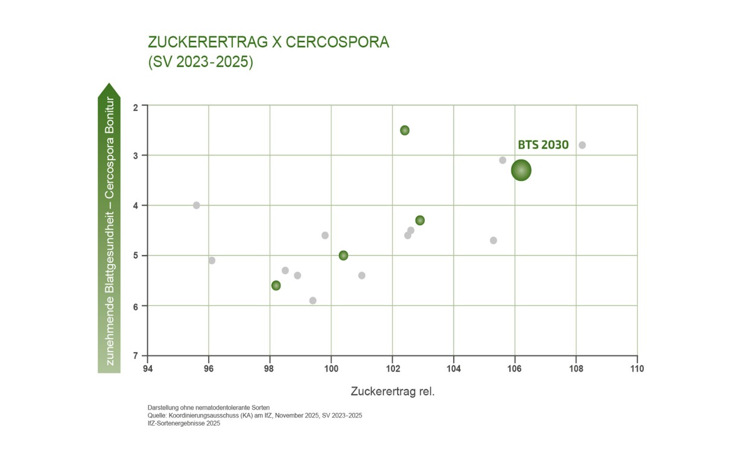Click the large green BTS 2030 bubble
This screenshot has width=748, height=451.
(521, 170)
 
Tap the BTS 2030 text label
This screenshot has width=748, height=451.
(543, 145)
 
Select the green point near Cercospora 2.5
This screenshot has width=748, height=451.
(405, 130)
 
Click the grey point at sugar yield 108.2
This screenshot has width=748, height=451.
(582, 145)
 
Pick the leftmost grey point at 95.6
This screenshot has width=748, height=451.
(196, 205)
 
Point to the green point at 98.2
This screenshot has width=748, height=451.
(276, 285)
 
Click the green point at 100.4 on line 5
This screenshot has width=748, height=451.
(343, 255)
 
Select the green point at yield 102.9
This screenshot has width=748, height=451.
(420, 220)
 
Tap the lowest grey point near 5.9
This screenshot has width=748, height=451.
(312, 300)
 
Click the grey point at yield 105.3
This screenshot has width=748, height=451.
(493, 240)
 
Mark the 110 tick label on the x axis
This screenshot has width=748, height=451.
(636, 368)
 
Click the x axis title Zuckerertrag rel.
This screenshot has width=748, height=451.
(392, 391)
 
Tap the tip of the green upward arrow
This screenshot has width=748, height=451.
(109, 85)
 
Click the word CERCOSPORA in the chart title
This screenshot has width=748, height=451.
(337, 42)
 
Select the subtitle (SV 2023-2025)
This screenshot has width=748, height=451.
(200, 62)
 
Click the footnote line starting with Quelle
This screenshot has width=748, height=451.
(254, 415)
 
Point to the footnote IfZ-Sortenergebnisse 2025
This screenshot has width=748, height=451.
(183, 423)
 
